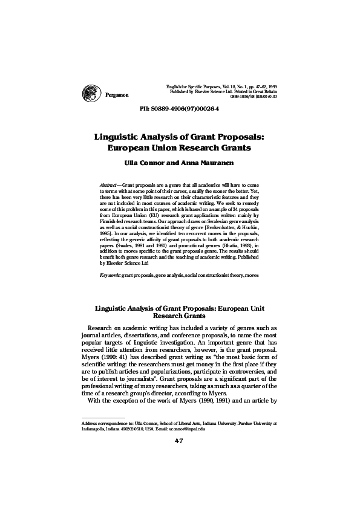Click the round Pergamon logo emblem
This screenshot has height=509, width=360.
pos(91,93)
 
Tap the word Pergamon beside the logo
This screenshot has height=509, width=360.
pos(117,97)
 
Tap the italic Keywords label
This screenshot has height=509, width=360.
pos(110,275)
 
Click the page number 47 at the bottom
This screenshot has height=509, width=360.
pos(179,474)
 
